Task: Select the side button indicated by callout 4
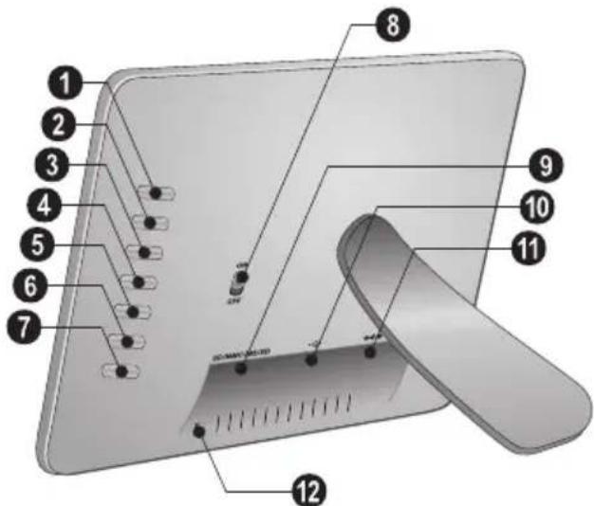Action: (x=142, y=281)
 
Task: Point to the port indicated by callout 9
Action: (x=241, y=366)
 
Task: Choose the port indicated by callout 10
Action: (x=310, y=358)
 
